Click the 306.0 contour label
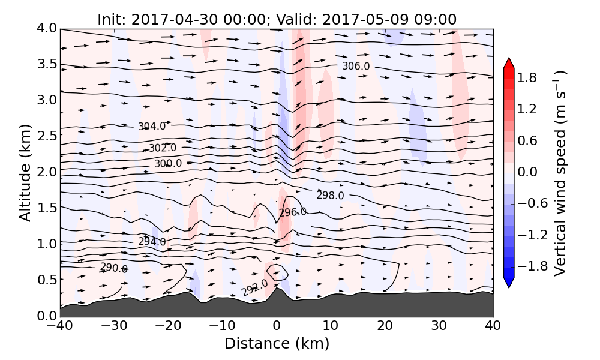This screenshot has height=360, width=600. click(x=356, y=66)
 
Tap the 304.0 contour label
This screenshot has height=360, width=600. click(x=152, y=127)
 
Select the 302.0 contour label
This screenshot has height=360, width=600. click(x=163, y=148)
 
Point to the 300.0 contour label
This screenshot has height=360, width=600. click(x=168, y=164)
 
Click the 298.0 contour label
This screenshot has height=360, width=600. click(x=330, y=196)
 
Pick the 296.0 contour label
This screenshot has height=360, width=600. click(x=293, y=212)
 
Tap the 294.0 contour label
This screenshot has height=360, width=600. click(x=152, y=242)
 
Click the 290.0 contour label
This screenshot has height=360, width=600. click(x=114, y=268)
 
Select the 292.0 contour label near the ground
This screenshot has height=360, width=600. click(x=254, y=287)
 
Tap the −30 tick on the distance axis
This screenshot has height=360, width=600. click(x=114, y=326)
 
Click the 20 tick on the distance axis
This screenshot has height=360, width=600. click(x=385, y=326)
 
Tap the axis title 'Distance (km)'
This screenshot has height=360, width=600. click(x=277, y=344)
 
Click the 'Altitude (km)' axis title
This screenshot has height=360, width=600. click(x=25, y=172)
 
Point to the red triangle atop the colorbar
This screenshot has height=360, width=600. click(x=509, y=62)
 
